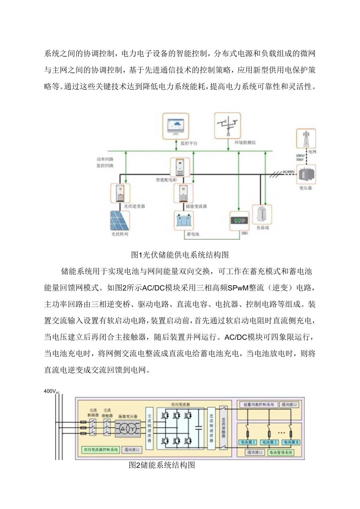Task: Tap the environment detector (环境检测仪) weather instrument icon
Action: tap(227, 125)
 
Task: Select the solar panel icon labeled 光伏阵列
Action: tap(120, 221)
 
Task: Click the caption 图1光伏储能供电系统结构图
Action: tap(180, 255)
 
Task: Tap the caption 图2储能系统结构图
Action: tap(162, 465)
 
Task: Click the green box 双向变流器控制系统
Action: tap(100, 450)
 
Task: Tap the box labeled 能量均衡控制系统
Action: tap(256, 405)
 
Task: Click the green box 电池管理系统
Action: tap(281, 453)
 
